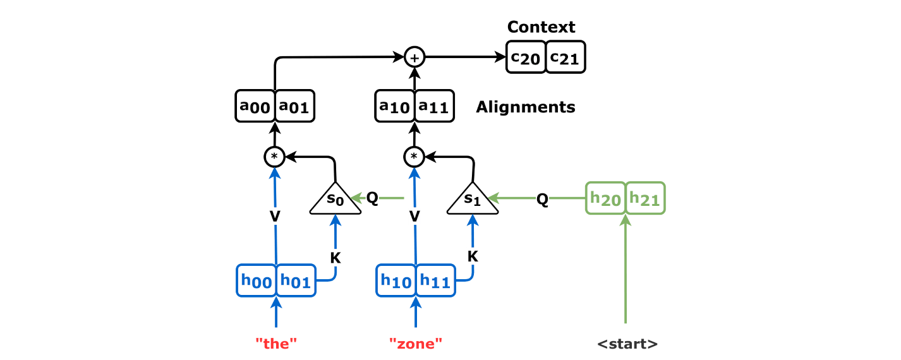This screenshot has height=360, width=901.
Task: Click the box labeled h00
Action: pos(256,280)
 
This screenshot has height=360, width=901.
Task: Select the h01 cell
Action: pos(296,280)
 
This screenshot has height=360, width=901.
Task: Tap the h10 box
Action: pos(396,280)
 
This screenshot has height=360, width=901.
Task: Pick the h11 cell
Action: pos(435,280)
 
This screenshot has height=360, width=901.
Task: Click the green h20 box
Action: pos(605,198)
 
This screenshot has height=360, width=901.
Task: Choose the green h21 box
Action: pos(645,198)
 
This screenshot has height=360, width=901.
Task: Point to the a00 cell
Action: pos(255,106)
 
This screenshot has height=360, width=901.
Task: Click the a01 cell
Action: pos(294,106)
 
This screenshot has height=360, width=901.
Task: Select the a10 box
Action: pos(395,106)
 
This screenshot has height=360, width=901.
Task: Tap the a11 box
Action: pos(434,106)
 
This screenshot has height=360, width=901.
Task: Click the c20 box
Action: pos(526,57)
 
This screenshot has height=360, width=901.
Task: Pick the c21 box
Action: pos(565,57)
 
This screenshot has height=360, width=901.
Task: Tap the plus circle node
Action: pos(414,57)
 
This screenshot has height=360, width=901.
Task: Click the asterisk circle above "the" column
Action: pos(274,156)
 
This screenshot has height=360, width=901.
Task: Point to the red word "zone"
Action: pos(416,344)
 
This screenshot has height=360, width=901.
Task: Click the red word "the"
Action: pos(276,344)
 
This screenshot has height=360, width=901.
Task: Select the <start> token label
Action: pos(627,344)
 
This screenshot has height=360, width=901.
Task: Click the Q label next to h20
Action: pos(543,198)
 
